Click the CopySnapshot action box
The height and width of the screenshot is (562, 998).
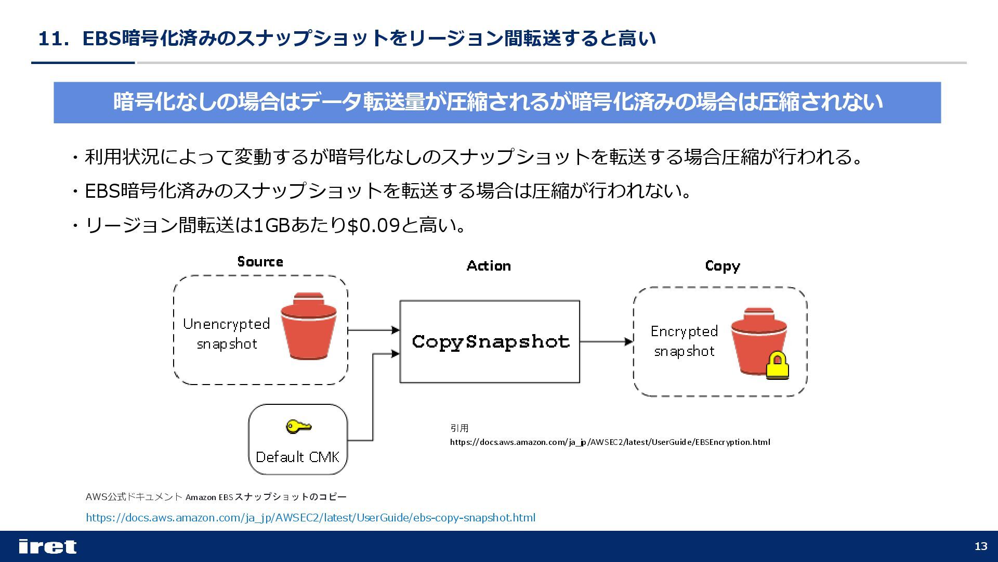pyautogui.click(x=489, y=341)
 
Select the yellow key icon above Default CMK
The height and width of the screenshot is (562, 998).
pyautogui.click(x=298, y=427)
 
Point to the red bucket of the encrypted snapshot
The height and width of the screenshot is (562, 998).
pyautogui.click(x=756, y=341)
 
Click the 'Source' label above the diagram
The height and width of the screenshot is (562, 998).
pyautogui.click(x=260, y=261)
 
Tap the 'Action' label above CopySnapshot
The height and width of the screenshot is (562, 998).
pyautogui.click(x=489, y=266)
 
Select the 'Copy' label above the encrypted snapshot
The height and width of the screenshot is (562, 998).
pyautogui.click(x=722, y=266)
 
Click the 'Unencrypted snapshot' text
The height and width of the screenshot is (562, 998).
pyautogui.click(x=227, y=334)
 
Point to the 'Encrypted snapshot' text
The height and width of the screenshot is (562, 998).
pyautogui.click(x=684, y=341)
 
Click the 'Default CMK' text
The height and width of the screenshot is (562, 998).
pyautogui.click(x=297, y=457)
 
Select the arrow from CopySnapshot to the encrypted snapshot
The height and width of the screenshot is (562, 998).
pyautogui.click(x=606, y=342)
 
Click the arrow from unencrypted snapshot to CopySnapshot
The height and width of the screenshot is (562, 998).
pyautogui.click(x=373, y=330)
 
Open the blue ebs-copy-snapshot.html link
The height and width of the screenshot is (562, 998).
pyautogui.click(x=310, y=518)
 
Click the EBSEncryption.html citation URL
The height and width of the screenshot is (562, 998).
pyautogui.click(x=610, y=442)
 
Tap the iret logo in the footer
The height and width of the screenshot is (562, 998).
pyautogui.click(x=47, y=546)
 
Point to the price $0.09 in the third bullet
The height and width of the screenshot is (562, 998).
pyautogui.click(x=373, y=225)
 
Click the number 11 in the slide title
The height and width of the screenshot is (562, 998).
pyautogui.click(x=50, y=39)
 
